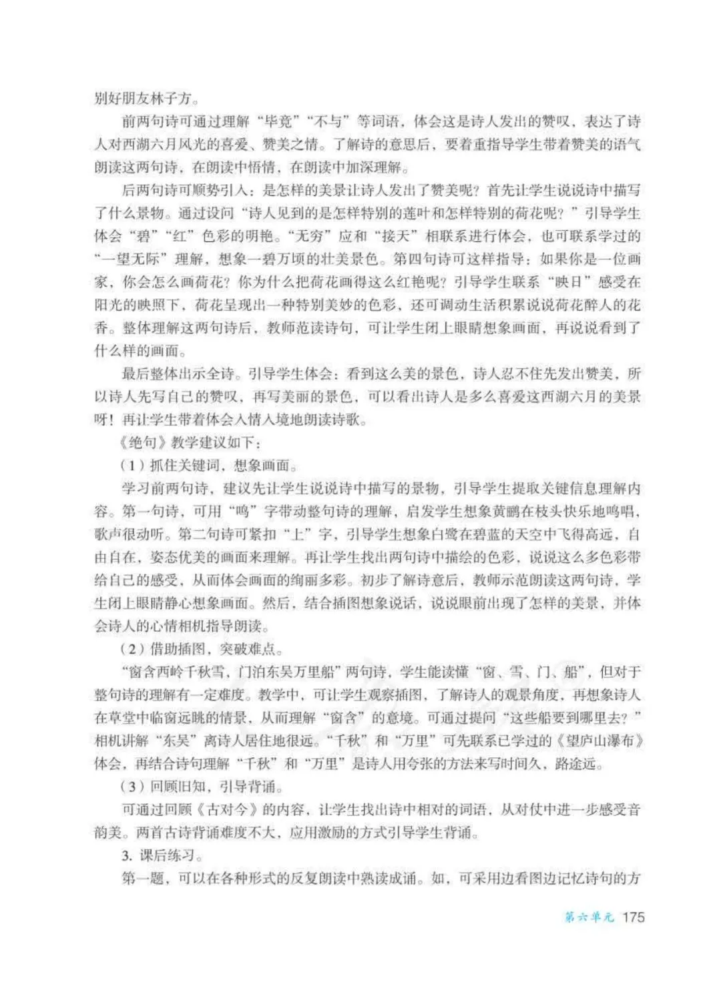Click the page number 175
[633, 917]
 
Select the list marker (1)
[132, 466]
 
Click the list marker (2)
[132, 648]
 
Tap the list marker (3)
[132, 787]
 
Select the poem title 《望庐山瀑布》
[593, 740]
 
